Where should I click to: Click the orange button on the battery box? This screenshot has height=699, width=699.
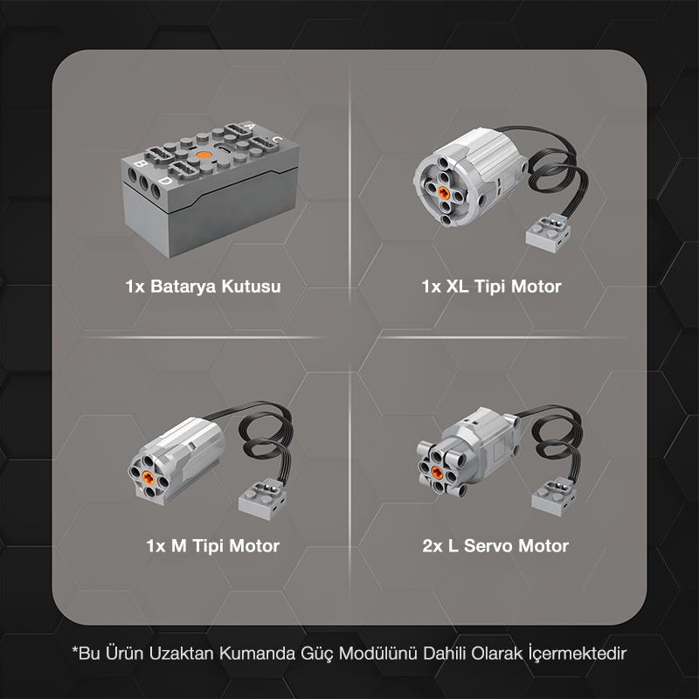click(204, 155)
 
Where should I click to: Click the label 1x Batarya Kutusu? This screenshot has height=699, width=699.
click(203, 286)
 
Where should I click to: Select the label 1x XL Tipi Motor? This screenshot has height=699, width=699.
click(490, 286)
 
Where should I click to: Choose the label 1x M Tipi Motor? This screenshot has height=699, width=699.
click(212, 546)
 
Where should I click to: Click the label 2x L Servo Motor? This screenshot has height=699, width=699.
click(495, 546)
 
